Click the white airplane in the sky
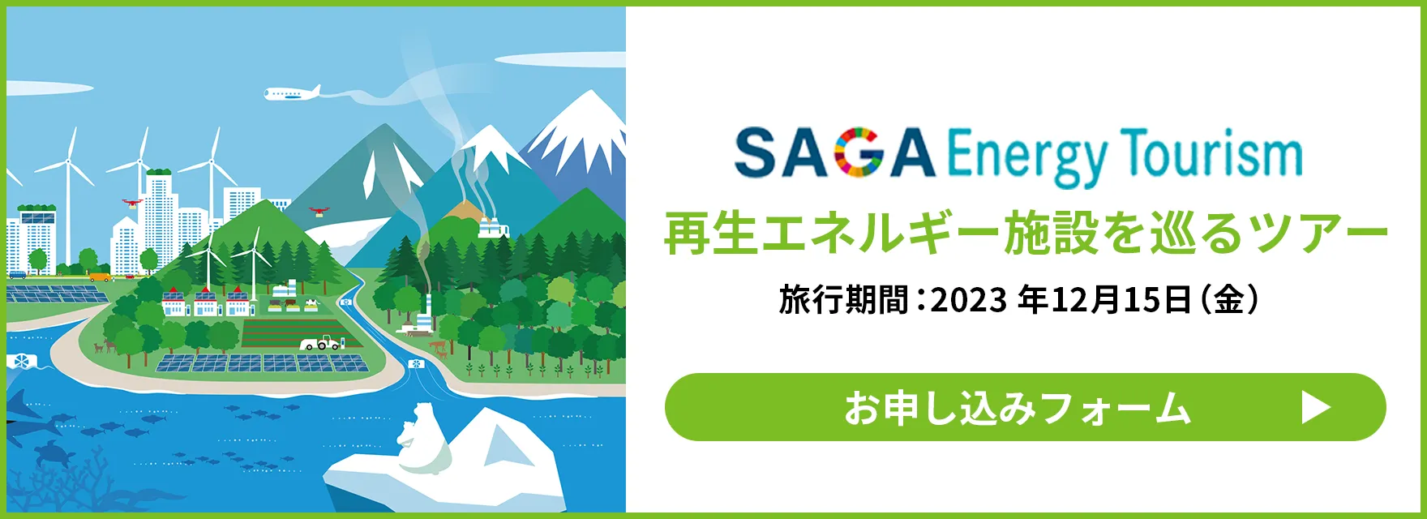click(292, 93)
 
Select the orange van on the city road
click(100, 277)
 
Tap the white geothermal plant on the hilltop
click(493, 227)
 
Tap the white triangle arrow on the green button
click(1316, 407)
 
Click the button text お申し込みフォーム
click(1017, 407)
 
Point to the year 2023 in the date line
click(967, 301)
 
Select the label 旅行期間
click(843, 300)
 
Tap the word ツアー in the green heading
click(1318, 233)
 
